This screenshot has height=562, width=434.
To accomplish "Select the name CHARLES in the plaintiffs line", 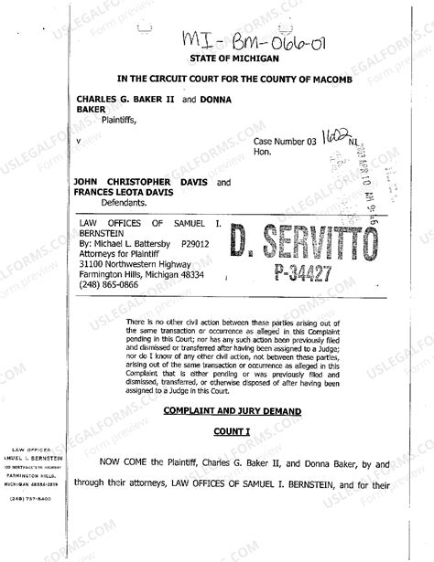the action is click(100, 98).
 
